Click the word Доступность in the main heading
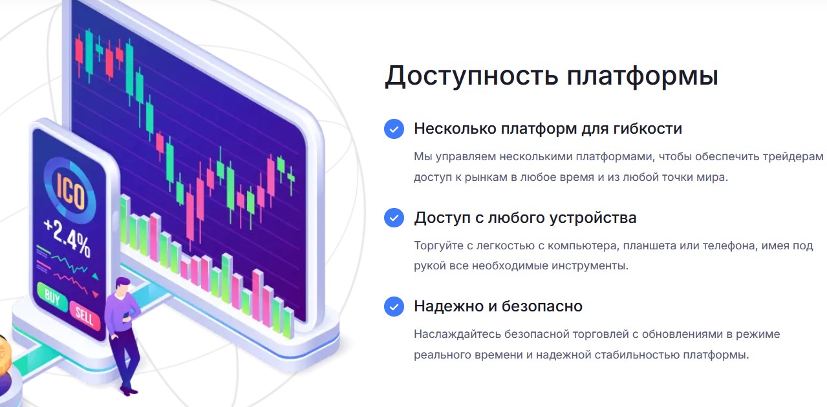pos(471,76)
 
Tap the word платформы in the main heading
pos(643,76)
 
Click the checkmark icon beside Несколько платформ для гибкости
pos(394,129)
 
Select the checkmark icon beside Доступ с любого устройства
pos(394,217)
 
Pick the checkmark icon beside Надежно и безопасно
pos(394,306)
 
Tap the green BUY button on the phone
pos(52,297)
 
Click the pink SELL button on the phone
pos(85,315)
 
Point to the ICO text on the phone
pos(70,192)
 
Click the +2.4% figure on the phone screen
pos(67,238)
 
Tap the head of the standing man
pos(122,286)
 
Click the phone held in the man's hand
pos(126,316)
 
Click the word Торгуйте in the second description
pos(438,245)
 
